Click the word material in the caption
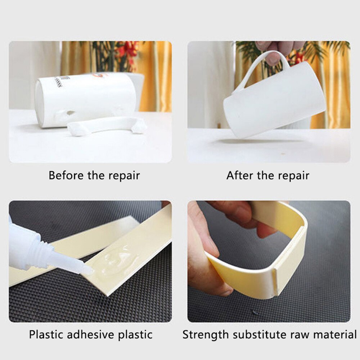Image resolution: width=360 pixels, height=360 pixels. (x=334, y=334)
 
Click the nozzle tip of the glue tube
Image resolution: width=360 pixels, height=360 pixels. (x=88, y=271)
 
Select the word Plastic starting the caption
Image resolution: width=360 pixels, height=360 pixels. (x=45, y=334)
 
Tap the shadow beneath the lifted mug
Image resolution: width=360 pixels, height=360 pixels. (x=252, y=141)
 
